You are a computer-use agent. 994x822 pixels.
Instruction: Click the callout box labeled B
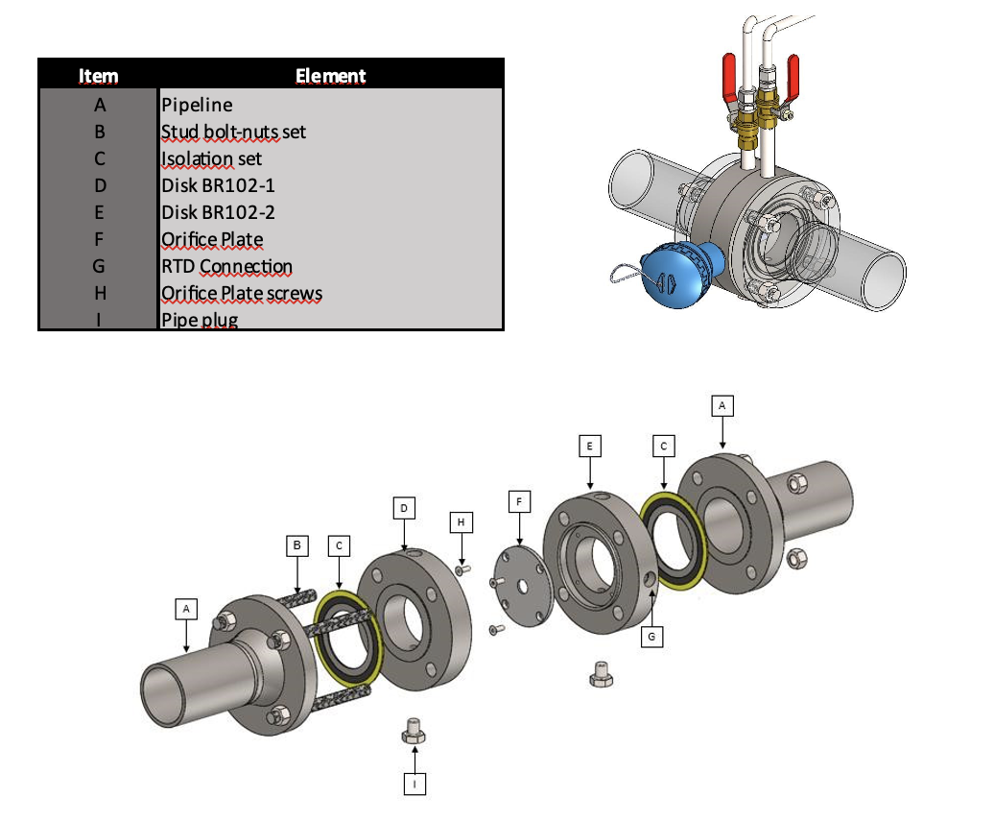pos(298,545)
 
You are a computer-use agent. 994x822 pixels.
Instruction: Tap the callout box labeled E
pos(590,446)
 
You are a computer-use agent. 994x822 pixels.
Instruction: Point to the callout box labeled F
pos(519,501)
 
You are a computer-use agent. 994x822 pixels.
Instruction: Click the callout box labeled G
pos(652,636)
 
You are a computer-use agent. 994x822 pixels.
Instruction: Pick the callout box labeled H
pos(461,521)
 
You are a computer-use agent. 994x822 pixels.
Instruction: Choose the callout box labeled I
pos(414,784)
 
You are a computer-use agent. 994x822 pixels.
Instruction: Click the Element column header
pos(330,75)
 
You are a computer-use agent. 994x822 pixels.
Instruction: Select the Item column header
pos(98,75)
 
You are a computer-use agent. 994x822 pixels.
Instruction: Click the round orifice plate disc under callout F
pos(519,587)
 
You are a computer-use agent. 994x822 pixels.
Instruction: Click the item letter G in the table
pos(98,266)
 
